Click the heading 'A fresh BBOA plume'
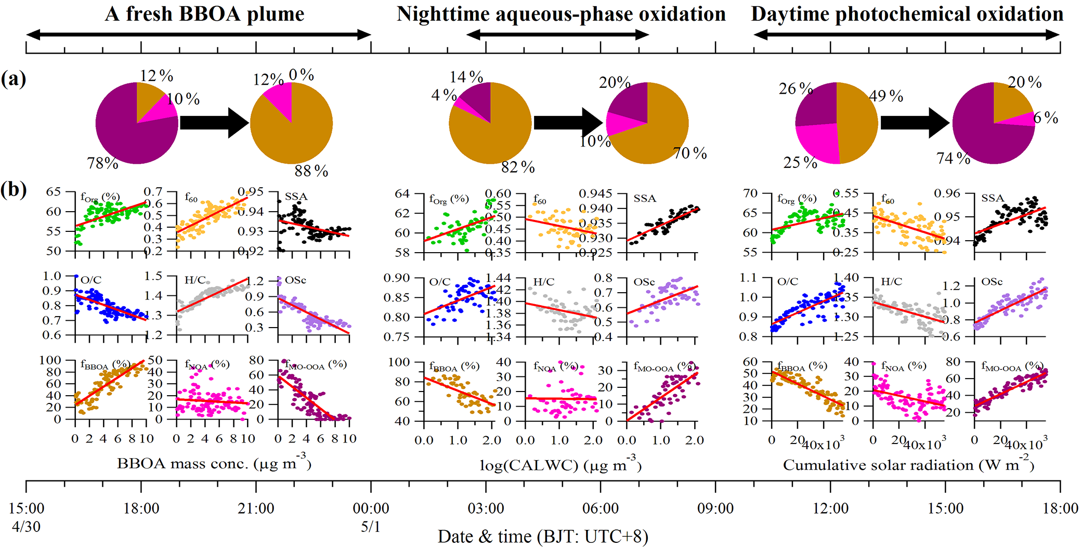tap(204, 14)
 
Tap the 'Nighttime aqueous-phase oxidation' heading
tap(561, 14)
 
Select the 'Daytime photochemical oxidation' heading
tap(907, 14)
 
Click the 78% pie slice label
tap(103, 163)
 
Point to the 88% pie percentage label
tap(311, 171)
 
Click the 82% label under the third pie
tap(518, 167)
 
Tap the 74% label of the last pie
tap(953, 158)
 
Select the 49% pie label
tap(886, 96)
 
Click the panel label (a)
tap(14, 79)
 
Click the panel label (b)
tap(14, 189)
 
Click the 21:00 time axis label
tap(256, 508)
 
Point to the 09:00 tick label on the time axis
tap(715, 508)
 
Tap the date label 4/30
tap(26, 527)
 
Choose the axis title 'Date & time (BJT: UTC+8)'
tap(543, 536)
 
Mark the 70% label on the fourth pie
tap(689, 153)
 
